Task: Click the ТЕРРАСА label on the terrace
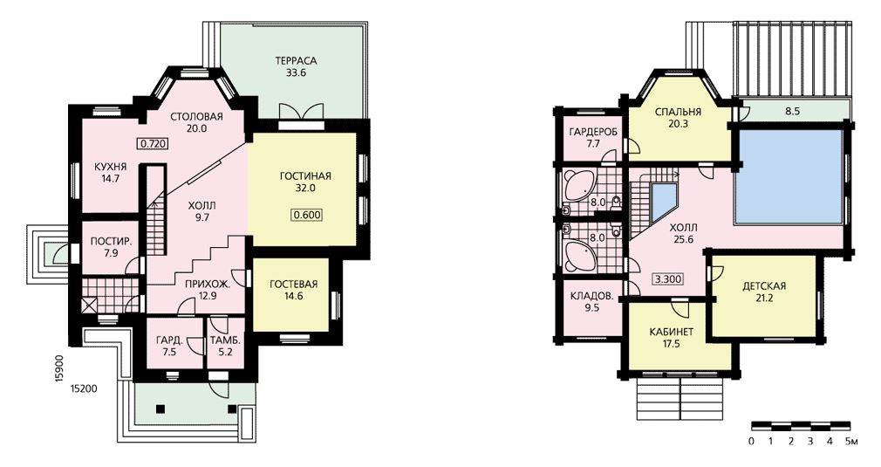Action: [296, 61]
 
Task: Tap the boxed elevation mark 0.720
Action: [153, 144]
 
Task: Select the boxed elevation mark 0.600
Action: [308, 215]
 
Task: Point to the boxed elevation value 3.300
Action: [668, 278]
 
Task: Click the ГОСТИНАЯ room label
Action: [305, 176]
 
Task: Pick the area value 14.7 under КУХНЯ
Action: [110, 179]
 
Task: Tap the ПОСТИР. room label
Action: [112, 242]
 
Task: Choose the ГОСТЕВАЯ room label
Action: [294, 284]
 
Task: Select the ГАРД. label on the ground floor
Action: [168, 340]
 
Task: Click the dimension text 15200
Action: [85, 388]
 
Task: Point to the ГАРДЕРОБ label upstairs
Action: [593, 132]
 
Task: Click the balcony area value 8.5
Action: [792, 111]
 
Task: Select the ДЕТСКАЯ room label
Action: [764, 286]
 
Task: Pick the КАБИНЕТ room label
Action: [672, 332]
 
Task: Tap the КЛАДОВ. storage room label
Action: [591, 296]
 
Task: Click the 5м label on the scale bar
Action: [850, 442]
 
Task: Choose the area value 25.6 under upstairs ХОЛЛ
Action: [684, 239]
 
